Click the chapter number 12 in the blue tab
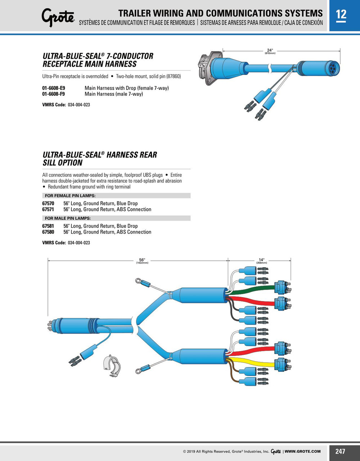click(x=341, y=14)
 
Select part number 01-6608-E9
click(x=54, y=88)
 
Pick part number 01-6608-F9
click(x=54, y=94)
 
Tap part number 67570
click(x=48, y=203)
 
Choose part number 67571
click(x=48, y=209)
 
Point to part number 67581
click(x=48, y=226)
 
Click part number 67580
click(x=48, y=232)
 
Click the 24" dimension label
click(x=270, y=50)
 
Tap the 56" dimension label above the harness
click(x=142, y=260)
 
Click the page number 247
click(x=340, y=451)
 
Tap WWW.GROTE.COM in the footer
click(x=303, y=451)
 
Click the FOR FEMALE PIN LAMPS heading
click(x=70, y=196)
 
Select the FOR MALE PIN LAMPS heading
click(x=68, y=218)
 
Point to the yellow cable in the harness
click(x=252, y=361)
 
